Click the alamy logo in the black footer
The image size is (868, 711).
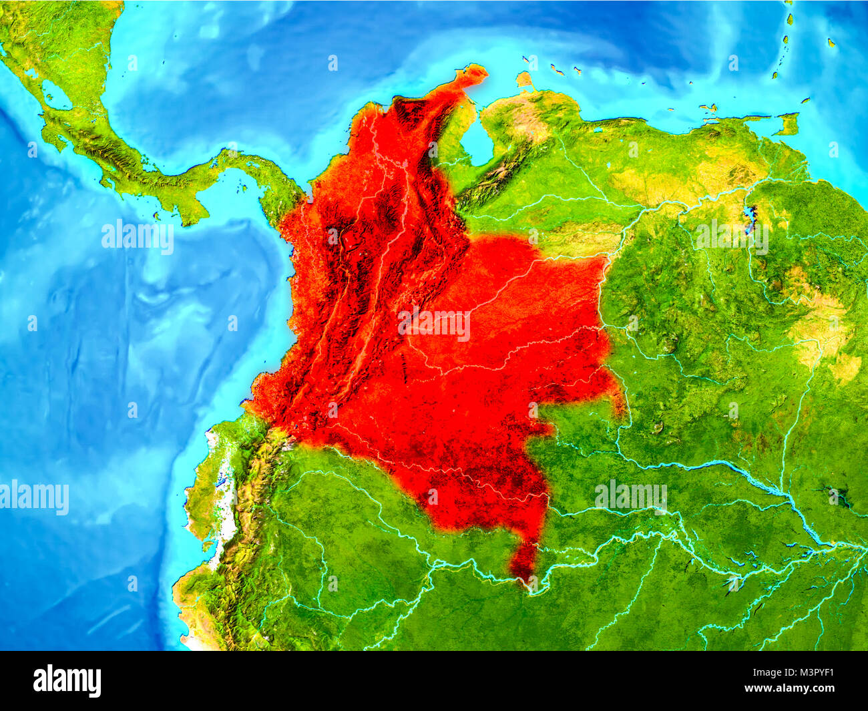click(x=67, y=681)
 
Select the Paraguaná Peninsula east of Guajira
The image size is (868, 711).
click(x=525, y=80)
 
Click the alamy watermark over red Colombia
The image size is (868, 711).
click(x=434, y=324)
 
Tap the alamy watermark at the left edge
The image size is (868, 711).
click(x=33, y=497)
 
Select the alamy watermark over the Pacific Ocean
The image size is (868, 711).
click(x=138, y=237)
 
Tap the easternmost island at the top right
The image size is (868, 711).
click(x=832, y=43)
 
